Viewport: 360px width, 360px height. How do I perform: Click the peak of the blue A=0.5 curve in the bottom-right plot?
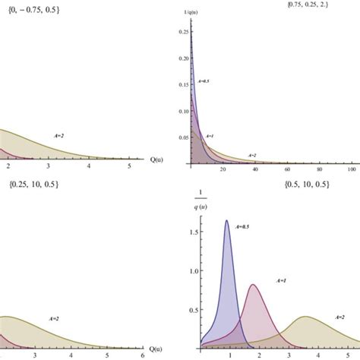tap(226, 221)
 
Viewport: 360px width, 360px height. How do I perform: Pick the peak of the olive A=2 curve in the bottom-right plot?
tap(305, 317)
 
